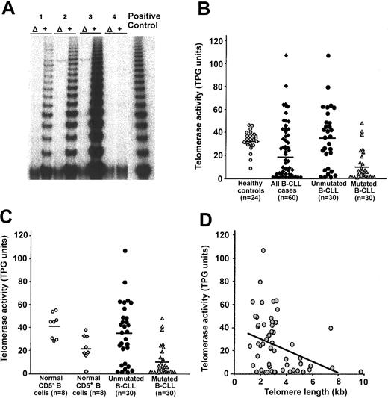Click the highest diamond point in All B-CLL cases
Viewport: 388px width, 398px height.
point(285,56)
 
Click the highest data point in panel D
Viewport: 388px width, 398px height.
point(263,250)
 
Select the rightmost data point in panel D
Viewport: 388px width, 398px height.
point(360,371)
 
